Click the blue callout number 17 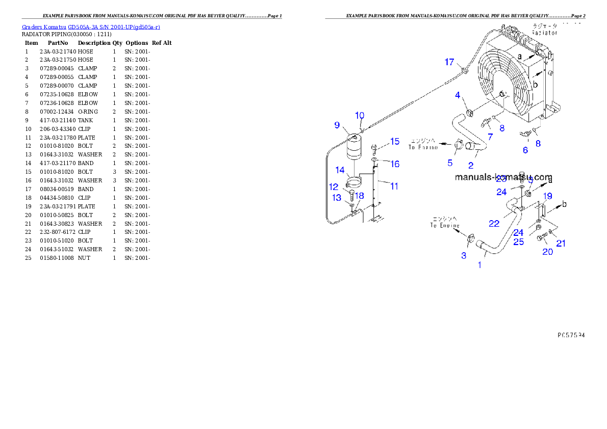(449, 62)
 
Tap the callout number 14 (340, 170)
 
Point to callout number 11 (394, 186)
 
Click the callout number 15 (395, 141)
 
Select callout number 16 (395, 164)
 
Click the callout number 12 (334, 187)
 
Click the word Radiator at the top (544, 33)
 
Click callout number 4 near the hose (458, 95)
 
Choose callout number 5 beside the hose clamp (450, 163)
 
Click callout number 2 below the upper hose (470, 166)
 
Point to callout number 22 (494, 223)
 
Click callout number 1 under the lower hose (479, 265)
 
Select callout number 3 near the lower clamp (464, 256)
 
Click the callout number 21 (561, 244)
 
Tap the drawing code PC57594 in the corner (571, 335)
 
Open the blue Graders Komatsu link (91, 26)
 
